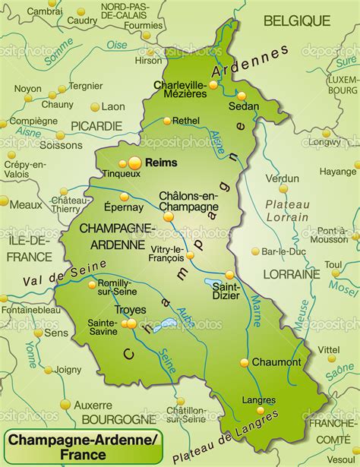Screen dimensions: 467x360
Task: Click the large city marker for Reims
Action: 134,162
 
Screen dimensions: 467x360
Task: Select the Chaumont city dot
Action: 245,363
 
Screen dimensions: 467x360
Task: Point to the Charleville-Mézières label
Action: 179,89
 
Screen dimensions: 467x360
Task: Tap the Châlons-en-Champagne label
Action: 188,200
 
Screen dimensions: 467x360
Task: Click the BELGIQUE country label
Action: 297,21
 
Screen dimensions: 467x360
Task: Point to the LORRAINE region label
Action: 292,273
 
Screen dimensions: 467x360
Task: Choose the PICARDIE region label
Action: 96,125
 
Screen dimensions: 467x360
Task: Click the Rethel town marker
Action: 166,121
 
